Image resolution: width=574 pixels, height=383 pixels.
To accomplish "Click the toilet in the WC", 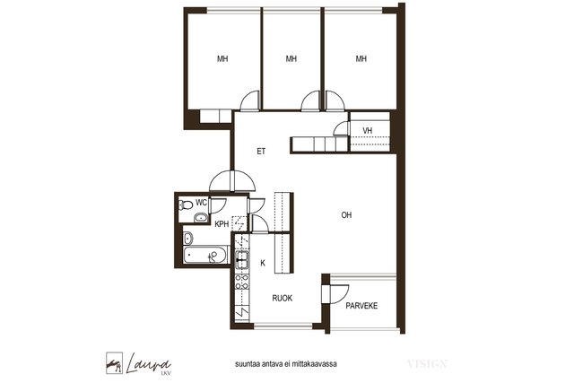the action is (186, 205).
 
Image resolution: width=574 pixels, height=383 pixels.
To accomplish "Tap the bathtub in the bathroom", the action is (205, 255).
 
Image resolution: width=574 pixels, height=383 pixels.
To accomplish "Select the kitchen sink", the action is (241, 260).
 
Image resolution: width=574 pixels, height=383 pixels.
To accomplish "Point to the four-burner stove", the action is (241, 282).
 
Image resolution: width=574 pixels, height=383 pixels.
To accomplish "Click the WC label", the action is (201, 203).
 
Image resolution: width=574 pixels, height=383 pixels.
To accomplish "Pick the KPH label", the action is (222, 224).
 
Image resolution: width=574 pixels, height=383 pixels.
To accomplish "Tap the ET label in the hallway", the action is (261, 152).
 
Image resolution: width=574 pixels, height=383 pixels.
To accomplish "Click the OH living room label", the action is (346, 215).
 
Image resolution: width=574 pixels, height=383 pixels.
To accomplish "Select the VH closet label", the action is (368, 130).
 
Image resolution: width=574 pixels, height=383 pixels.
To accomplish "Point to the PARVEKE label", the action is (361, 306).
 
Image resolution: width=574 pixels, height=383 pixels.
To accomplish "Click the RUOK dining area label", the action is (283, 299).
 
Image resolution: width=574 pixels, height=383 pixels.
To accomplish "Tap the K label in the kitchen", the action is (263, 263).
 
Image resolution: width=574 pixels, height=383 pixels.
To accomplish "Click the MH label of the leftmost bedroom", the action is (222, 58).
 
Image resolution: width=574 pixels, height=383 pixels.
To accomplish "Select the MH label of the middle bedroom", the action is (291, 58).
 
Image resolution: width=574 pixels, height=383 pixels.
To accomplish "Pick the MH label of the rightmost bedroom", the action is (361, 58).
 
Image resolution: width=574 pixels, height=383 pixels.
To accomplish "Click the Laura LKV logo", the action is (138, 363).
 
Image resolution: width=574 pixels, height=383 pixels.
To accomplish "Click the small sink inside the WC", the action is (201, 218).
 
